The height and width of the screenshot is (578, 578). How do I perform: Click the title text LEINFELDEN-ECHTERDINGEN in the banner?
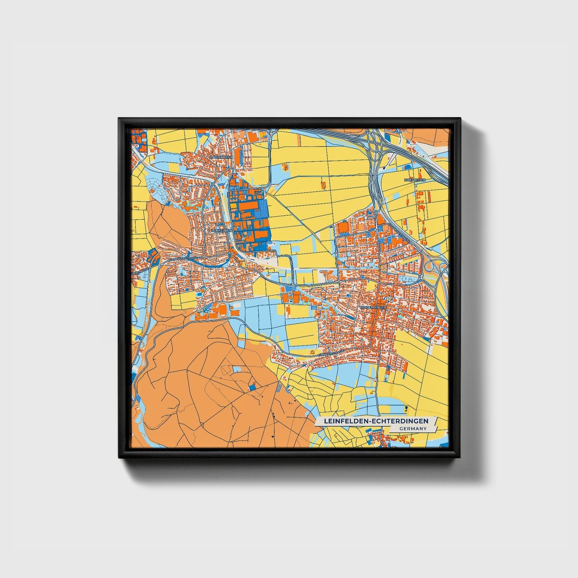tap(376, 421)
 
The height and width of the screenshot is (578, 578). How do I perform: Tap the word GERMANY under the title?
tap(413, 428)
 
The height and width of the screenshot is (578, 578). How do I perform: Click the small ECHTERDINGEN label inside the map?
tap(373, 307)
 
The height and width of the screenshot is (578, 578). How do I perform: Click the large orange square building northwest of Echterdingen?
tap(343, 228)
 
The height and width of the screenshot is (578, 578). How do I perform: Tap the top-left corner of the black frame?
tap(119, 119)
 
